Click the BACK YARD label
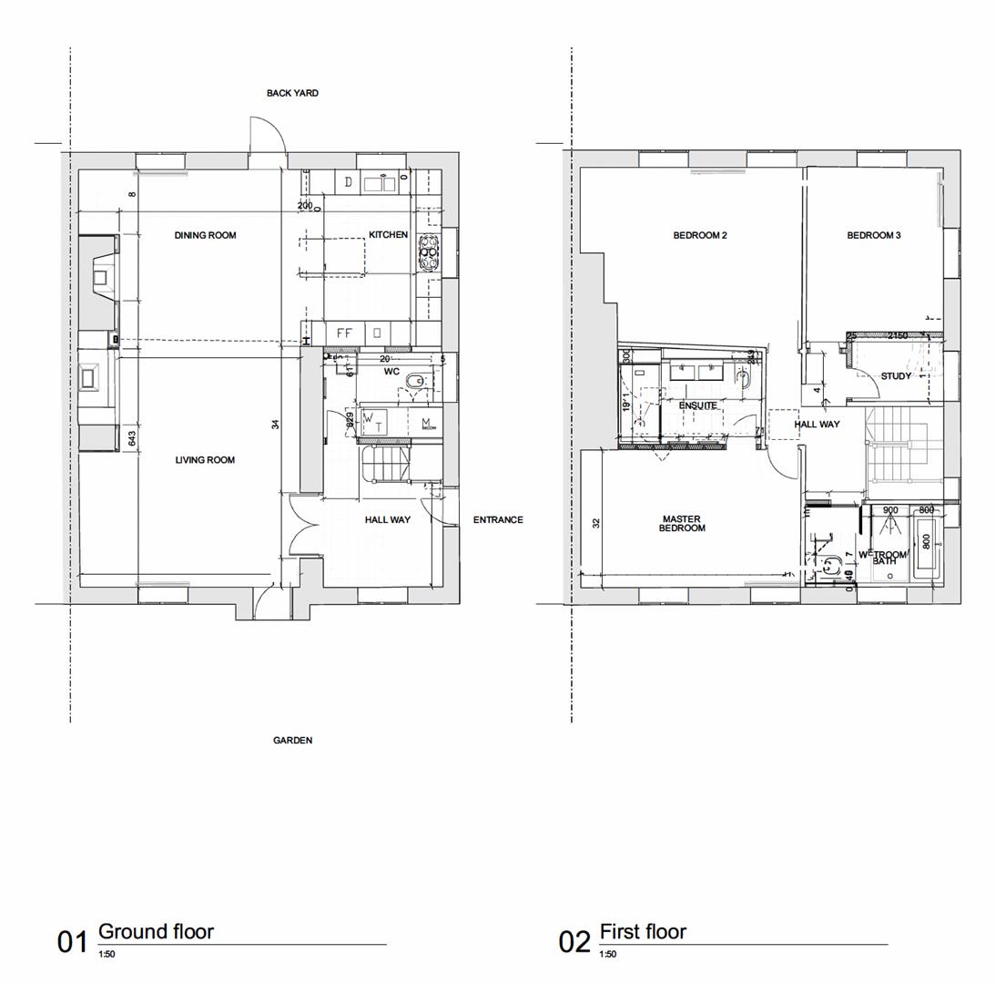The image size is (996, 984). (292, 93)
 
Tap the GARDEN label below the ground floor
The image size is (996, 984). (292, 741)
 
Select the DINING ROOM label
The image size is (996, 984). (205, 235)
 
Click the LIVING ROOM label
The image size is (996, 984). (205, 460)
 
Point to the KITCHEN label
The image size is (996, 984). (388, 235)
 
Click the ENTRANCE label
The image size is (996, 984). (498, 520)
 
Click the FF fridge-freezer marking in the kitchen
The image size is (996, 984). (344, 333)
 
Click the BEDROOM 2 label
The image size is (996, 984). (700, 235)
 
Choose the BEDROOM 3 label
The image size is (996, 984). (874, 235)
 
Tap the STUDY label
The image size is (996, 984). (896, 376)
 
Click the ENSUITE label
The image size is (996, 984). (697, 405)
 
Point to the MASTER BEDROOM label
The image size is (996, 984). (681, 524)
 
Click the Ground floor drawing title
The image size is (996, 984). (156, 931)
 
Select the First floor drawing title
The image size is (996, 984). (643, 931)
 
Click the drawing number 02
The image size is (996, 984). (574, 942)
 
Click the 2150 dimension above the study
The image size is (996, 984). (898, 336)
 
